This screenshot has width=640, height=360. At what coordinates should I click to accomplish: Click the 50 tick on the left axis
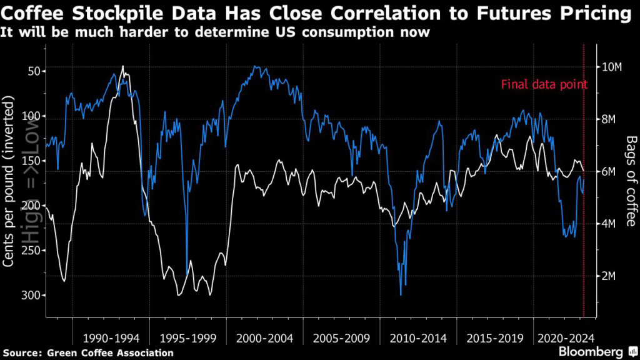pyautogui.click(x=32, y=71)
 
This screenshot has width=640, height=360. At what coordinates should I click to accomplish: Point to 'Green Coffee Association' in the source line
pyautogui.click(x=111, y=353)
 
